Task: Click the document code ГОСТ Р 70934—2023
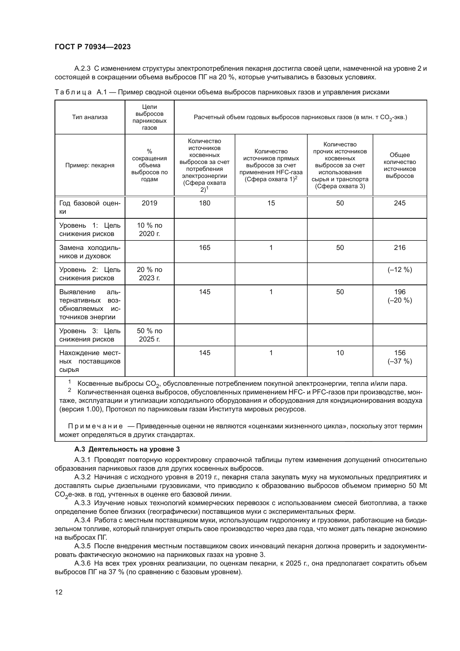pyautogui.click(x=93, y=47)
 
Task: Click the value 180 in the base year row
pyautogui.click(x=204, y=203)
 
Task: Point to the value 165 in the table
pyautogui.click(x=204, y=247)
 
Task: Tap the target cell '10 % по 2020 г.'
pyautogui.click(x=149, y=229)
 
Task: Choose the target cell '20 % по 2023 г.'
pyautogui.click(x=149, y=274)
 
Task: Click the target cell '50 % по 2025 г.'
pyautogui.click(x=149, y=335)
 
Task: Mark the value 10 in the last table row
pyautogui.click(x=340, y=353)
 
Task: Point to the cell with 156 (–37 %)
pyautogui.click(x=399, y=357)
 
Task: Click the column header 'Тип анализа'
pyautogui.click(x=90, y=117)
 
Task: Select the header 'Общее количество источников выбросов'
pyautogui.click(x=399, y=165)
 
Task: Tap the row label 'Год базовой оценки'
pyautogui.click(x=90, y=207)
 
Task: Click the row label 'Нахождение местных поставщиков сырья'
pyautogui.click(x=90, y=361)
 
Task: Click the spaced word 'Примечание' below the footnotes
pyautogui.click(x=95, y=426)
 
